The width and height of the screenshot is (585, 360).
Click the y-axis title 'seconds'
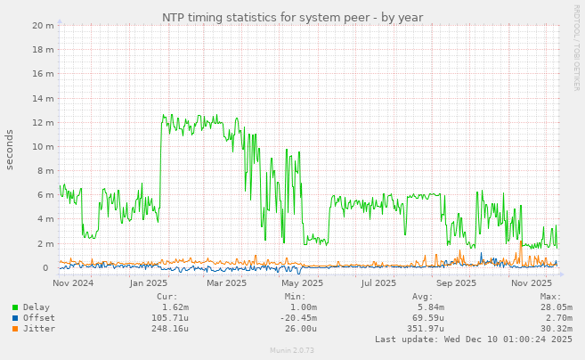click(x=10, y=149)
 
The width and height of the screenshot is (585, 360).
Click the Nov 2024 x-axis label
click(x=73, y=283)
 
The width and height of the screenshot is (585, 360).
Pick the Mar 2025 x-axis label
click(x=226, y=283)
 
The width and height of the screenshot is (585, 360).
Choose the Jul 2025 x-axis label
click(x=378, y=283)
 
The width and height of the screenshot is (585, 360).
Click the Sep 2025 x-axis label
click(x=456, y=283)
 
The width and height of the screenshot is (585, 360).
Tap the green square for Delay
click(x=14, y=307)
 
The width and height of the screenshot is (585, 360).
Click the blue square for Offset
click(x=14, y=318)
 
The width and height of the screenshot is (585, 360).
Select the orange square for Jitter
click(x=14, y=329)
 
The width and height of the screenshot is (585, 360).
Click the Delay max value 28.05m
click(x=556, y=307)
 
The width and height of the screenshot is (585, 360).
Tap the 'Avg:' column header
click(x=422, y=297)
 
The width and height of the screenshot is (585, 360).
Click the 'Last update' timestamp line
click(x=473, y=340)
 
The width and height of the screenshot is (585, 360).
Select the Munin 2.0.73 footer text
click(x=292, y=351)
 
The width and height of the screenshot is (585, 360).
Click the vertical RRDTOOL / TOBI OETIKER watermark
click(x=576, y=46)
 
